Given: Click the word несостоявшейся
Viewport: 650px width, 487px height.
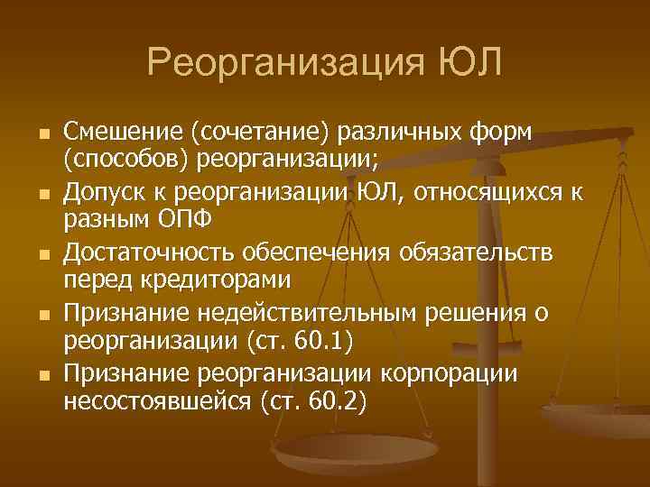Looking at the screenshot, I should pos(154,400).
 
